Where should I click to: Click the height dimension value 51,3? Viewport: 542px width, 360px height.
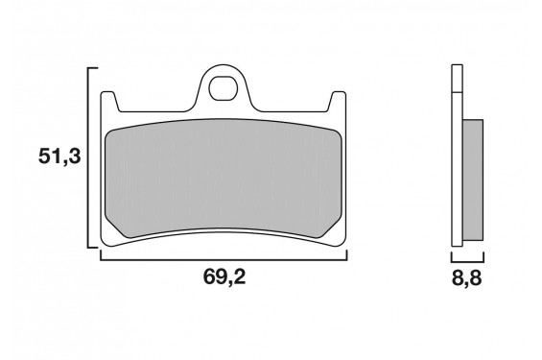pyautogui.click(x=59, y=157)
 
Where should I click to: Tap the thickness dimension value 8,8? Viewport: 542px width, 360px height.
pyautogui.click(x=468, y=277)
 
